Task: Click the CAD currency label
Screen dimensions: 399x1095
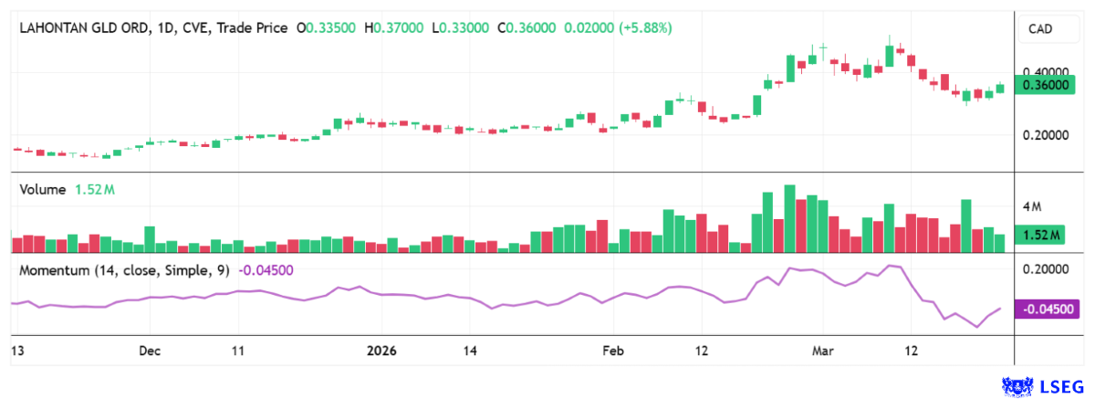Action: [1040, 30]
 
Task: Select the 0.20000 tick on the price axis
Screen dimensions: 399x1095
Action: [1046, 135]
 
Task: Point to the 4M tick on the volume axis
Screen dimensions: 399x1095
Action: [1032, 206]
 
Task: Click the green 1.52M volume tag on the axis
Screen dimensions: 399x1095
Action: [1042, 236]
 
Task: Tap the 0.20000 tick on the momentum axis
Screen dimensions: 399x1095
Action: [1046, 269]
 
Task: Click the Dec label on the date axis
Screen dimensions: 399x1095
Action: [151, 351]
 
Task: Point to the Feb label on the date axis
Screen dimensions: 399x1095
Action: [613, 351]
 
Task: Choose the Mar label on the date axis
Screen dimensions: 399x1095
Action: [823, 351]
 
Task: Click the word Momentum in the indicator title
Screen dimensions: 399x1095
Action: [54, 270]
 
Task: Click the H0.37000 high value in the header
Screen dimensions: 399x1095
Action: [393, 28]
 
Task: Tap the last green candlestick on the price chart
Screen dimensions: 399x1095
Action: [1000, 88]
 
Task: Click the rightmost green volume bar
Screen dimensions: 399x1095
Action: [1000, 243]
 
